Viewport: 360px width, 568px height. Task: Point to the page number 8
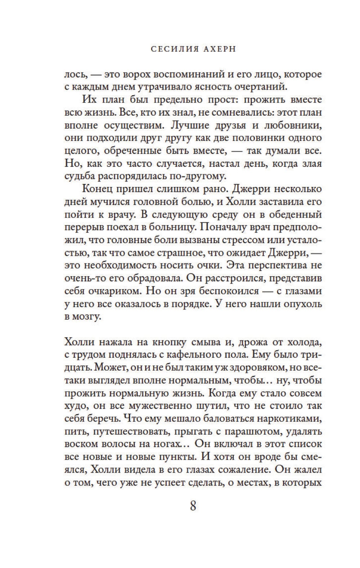193,506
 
